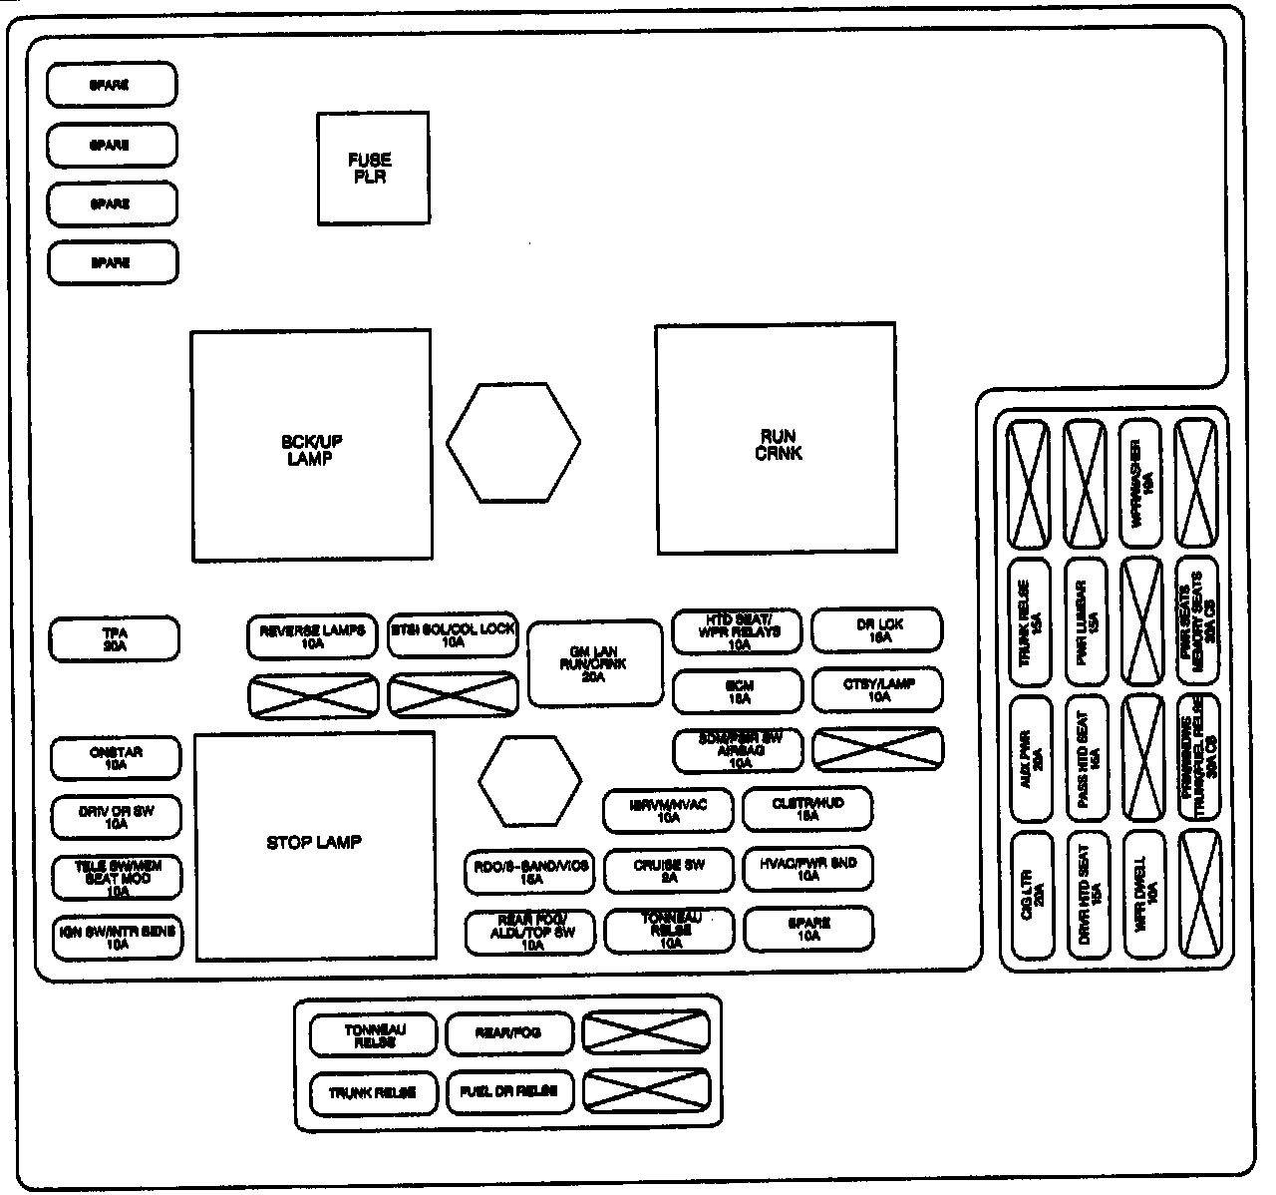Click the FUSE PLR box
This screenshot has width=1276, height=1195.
click(x=373, y=168)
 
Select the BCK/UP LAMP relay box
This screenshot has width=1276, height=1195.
click(x=311, y=445)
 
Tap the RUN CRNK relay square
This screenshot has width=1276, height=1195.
click(x=776, y=438)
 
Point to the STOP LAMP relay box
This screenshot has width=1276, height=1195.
click(x=314, y=845)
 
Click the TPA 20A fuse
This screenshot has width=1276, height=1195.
click(x=115, y=638)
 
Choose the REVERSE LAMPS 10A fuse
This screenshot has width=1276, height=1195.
click(x=312, y=635)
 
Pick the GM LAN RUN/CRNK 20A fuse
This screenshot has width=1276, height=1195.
click(x=594, y=663)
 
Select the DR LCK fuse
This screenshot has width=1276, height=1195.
click(x=877, y=629)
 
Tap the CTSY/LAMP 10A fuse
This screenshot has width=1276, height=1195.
click(x=877, y=689)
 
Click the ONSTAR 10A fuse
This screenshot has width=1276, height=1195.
click(x=116, y=758)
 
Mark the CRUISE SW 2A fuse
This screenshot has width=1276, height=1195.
click(x=668, y=870)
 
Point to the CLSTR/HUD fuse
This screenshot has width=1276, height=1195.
click(x=807, y=808)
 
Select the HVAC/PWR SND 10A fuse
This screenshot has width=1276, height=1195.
click(x=807, y=870)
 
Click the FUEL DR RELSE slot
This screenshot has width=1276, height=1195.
click(x=509, y=1092)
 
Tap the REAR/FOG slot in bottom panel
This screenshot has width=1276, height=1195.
click(x=509, y=1034)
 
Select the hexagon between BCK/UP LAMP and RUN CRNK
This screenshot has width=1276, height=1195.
click(x=512, y=443)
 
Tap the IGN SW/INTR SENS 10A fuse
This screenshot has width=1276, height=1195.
click(x=117, y=938)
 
